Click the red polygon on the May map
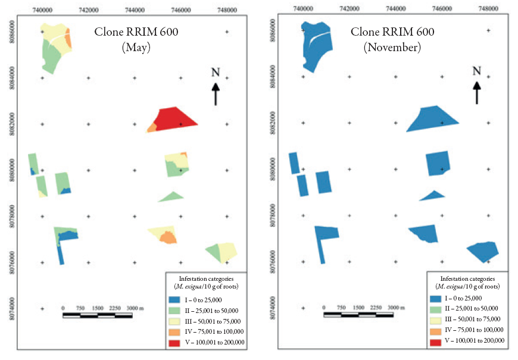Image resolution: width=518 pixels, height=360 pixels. (176, 118)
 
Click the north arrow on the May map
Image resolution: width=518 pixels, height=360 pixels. (216, 93)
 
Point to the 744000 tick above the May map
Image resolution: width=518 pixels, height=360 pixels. (135, 10)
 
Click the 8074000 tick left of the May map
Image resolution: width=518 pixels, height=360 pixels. (12, 308)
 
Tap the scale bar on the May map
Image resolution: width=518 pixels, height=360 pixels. (97, 314)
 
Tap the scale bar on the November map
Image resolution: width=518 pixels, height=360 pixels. (358, 314)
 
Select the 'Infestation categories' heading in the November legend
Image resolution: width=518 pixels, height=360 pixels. (467, 278)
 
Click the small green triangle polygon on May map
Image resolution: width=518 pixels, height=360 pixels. (171, 197)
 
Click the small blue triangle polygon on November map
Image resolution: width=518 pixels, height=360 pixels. (432, 196)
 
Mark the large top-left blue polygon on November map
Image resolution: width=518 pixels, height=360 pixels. (314, 46)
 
